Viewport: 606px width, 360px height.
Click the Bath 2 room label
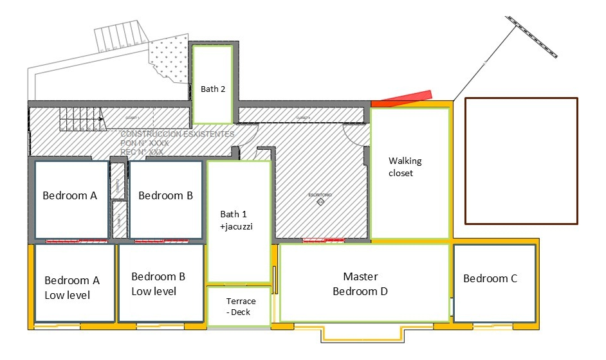tap(213, 89)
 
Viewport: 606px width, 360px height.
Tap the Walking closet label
tap(405, 167)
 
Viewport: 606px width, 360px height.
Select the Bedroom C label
tap(490, 278)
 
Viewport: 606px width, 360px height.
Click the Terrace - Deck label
tap(241, 307)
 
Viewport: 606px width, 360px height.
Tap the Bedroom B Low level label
tap(158, 283)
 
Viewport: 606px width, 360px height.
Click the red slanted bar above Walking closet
tap(401, 98)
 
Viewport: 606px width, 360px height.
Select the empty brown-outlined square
tap(521, 161)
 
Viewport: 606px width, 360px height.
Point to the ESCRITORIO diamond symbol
tap(320, 203)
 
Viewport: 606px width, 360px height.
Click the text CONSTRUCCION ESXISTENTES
tap(178, 135)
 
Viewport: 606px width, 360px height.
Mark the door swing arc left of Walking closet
tap(354, 134)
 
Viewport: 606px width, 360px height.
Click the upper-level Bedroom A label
tap(69, 195)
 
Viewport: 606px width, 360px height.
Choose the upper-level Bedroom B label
tap(165, 195)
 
